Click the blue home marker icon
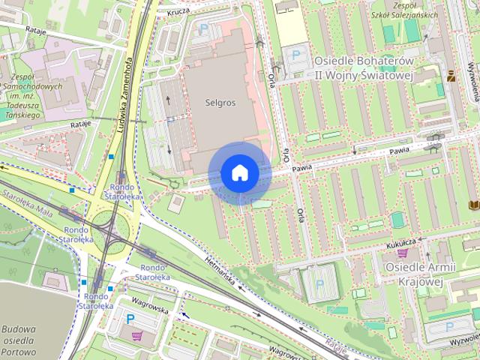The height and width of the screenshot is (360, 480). [x=239, y=173]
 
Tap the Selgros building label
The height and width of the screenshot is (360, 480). [x=219, y=103]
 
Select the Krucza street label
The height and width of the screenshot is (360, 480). [x=176, y=13]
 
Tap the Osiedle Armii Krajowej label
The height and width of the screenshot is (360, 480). [x=413, y=274]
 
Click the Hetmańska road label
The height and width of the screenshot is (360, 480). [x=220, y=271]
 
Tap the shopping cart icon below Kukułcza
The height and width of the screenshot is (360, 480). [x=402, y=253]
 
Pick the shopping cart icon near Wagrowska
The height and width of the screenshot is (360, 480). [x=135, y=335]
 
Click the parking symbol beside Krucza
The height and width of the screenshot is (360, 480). [x=204, y=28]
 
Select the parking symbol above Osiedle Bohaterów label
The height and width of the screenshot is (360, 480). [x=296, y=54]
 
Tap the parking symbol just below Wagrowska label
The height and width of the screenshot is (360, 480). [x=130, y=319]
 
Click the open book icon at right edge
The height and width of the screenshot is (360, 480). [x=472, y=204]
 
